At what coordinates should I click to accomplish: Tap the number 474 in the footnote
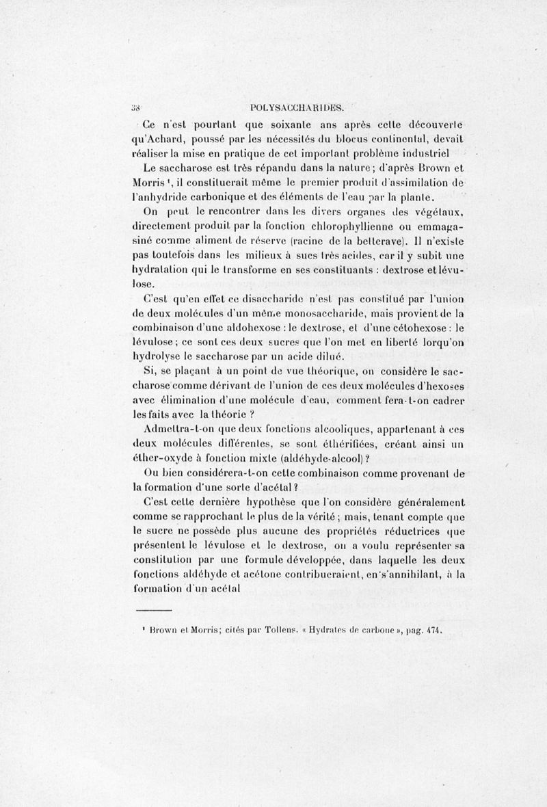coord(432,633)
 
